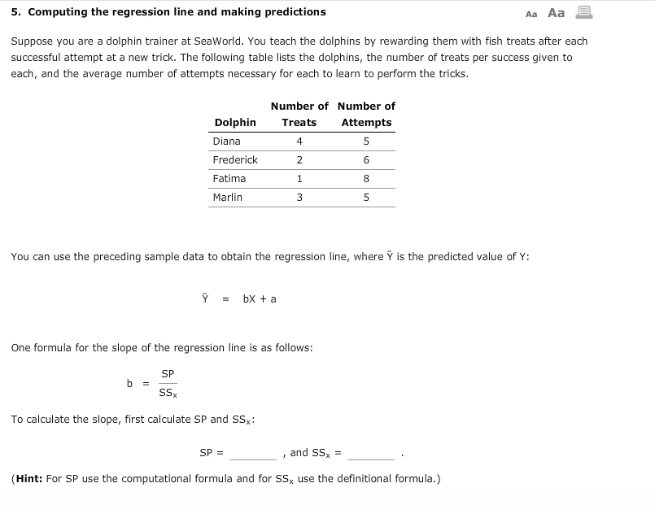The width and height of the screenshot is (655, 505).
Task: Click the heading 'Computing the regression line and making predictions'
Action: coord(176,12)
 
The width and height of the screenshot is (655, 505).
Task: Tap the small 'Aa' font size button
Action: coord(532,14)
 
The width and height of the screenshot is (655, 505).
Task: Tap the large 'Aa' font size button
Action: coord(557,12)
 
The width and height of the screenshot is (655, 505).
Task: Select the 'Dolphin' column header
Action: coord(234,123)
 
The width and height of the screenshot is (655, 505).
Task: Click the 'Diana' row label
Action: coord(226,141)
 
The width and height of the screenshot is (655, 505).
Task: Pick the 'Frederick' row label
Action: coord(235,160)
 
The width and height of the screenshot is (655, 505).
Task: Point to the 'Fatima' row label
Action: coord(229,179)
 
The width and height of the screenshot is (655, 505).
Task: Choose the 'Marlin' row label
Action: coord(227,198)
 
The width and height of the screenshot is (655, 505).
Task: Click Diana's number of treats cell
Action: coord(299,141)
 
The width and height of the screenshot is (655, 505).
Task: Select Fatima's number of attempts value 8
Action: coord(366,179)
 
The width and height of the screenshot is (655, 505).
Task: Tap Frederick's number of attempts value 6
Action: coord(366,160)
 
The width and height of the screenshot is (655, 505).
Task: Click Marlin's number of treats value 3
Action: coord(299,198)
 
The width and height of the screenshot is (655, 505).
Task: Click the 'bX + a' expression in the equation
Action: coord(260,298)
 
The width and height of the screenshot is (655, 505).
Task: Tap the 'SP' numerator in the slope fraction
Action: coord(168,374)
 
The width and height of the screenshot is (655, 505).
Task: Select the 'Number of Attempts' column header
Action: coord(366,115)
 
